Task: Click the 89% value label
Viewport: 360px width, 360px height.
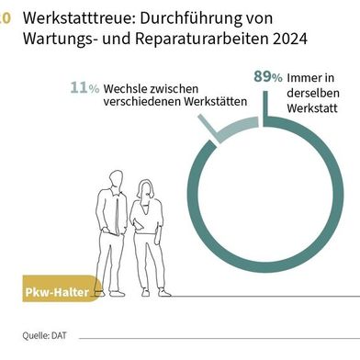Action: coord(267,77)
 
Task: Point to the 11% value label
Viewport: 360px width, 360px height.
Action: coord(85,87)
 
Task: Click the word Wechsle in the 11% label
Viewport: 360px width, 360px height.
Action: coord(125,87)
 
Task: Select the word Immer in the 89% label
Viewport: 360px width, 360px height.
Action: coord(305,78)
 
